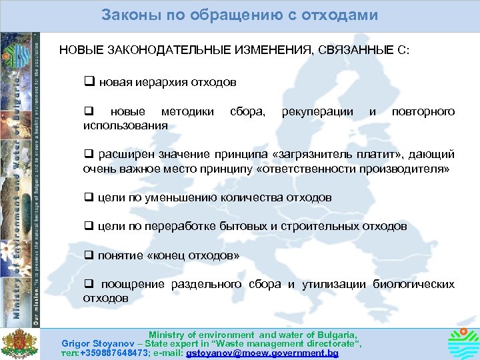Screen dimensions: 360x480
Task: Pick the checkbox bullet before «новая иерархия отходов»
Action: click(x=87, y=83)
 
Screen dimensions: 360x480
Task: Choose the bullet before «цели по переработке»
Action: click(x=87, y=226)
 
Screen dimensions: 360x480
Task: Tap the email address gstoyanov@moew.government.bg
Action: click(x=263, y=353)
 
